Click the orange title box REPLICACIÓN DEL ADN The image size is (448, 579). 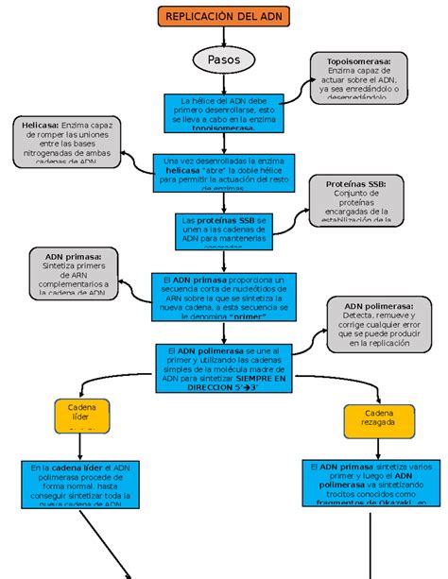coord(223,17)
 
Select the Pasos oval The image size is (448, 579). coord(223,60)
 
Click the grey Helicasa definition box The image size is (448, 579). coord(67,143)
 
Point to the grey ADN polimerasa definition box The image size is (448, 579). coord(380,325)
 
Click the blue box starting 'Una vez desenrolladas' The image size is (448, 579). coord(223,174)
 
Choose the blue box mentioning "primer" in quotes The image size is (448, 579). coord(223,298)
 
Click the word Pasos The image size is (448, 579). coord(223,60)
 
